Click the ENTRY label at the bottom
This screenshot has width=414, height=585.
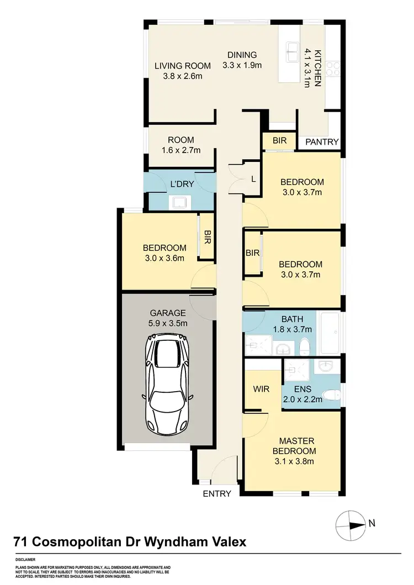pos(216,494)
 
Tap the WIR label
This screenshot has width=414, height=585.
pos(261,389)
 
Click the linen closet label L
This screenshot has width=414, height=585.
pos(253,178)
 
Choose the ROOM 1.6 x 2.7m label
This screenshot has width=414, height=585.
pos(181,145)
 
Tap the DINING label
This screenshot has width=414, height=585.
pos(242,55)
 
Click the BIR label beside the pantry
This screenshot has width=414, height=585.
pos(280,141)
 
